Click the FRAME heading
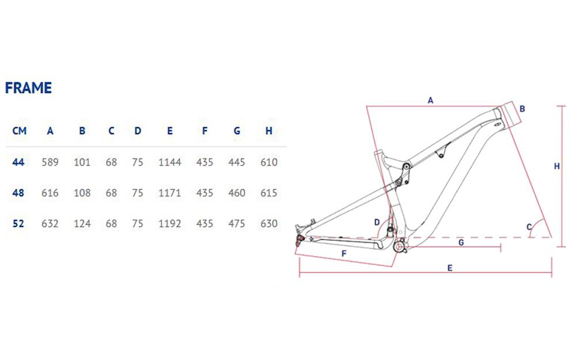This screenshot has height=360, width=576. (28, 88)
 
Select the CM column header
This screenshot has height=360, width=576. (19, 131)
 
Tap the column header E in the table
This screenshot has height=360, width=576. (170, 131)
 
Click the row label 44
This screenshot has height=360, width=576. (18, 162)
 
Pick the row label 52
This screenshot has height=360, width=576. (18, 223)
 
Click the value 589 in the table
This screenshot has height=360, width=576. (50, 162)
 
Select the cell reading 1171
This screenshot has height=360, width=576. (170, 193)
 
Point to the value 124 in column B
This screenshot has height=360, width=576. (82, 223)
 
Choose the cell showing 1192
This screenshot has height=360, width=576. (170, 223)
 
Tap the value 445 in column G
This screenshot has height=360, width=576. (237, 162)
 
